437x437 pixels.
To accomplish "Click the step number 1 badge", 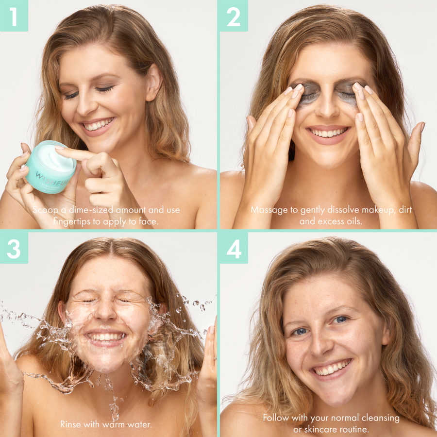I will click(x=14, y=16).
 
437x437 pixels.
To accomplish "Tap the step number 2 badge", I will click(x=234, y=16).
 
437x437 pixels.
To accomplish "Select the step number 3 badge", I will click(x=14, y=248).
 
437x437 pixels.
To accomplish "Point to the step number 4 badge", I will click(x=234, y=248).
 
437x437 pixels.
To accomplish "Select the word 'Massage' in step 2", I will click(x=267, y=210).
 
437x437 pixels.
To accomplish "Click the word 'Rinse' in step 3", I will click(x=71, y=424).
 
